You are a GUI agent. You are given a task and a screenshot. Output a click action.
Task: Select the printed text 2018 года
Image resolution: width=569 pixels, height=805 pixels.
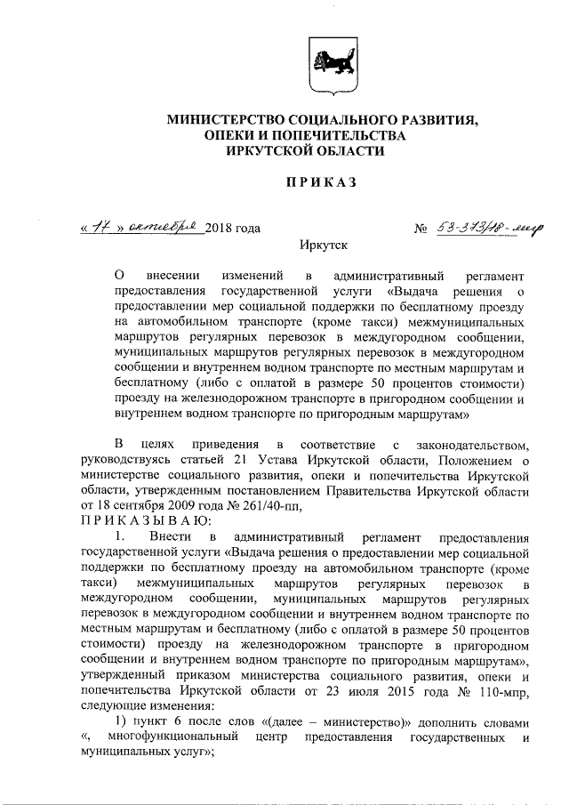tap(233, 229)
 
